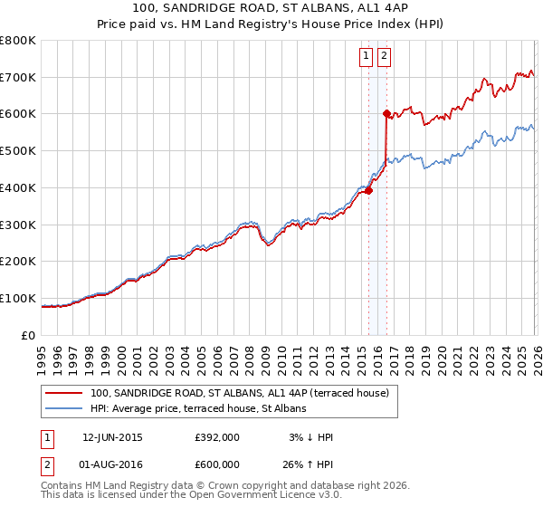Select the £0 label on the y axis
[x=28, y=335]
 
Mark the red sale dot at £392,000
[x=368, y=190]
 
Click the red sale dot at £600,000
[x=386, y=113]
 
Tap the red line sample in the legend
[x=63, y=393]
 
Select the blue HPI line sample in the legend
[x=63, y=408]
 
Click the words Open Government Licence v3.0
[x=263, y=495]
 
